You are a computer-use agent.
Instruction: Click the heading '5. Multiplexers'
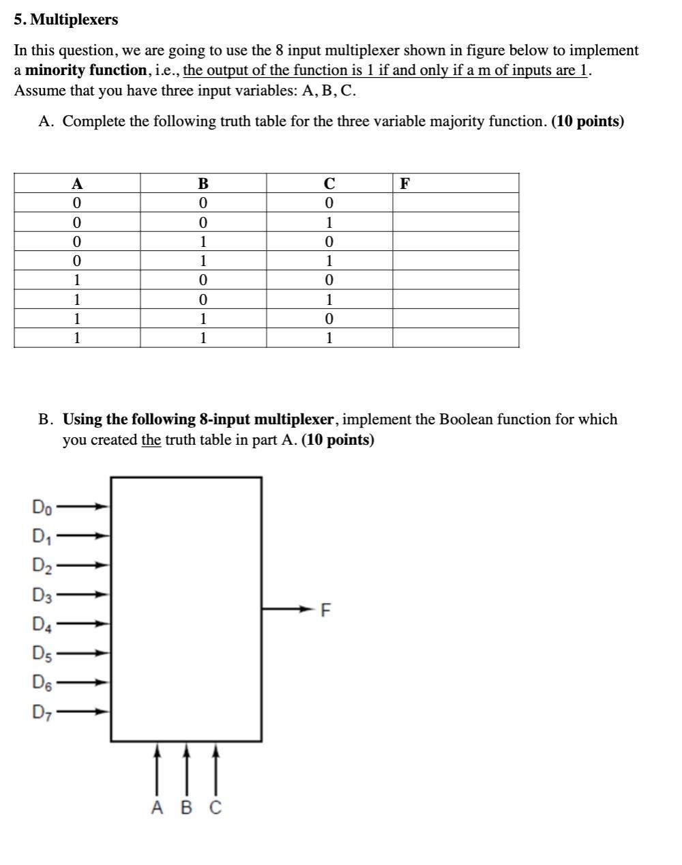point(66,20)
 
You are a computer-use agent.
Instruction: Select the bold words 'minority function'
point(86,70)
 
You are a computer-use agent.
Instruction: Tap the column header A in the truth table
point(77,184)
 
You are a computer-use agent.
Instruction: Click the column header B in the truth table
point(203,184)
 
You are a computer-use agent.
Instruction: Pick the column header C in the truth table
point(329,184)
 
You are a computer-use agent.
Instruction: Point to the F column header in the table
point(405,184)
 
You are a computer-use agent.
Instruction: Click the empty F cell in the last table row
point(455,338)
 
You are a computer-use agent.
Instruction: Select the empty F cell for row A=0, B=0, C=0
point(455,203)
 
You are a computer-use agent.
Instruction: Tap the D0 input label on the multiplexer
point(41,507)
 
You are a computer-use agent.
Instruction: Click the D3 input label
point(42,595)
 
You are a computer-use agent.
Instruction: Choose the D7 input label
point(42,712)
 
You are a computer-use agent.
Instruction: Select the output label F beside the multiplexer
point(325,610)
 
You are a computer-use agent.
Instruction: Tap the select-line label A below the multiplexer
point(157,808)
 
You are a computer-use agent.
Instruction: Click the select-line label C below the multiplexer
point(215,808)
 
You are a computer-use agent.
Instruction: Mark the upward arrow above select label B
point(186,767)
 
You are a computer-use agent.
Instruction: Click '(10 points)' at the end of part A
point(587,121)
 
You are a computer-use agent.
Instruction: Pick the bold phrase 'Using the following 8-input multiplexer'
point(198,420)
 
